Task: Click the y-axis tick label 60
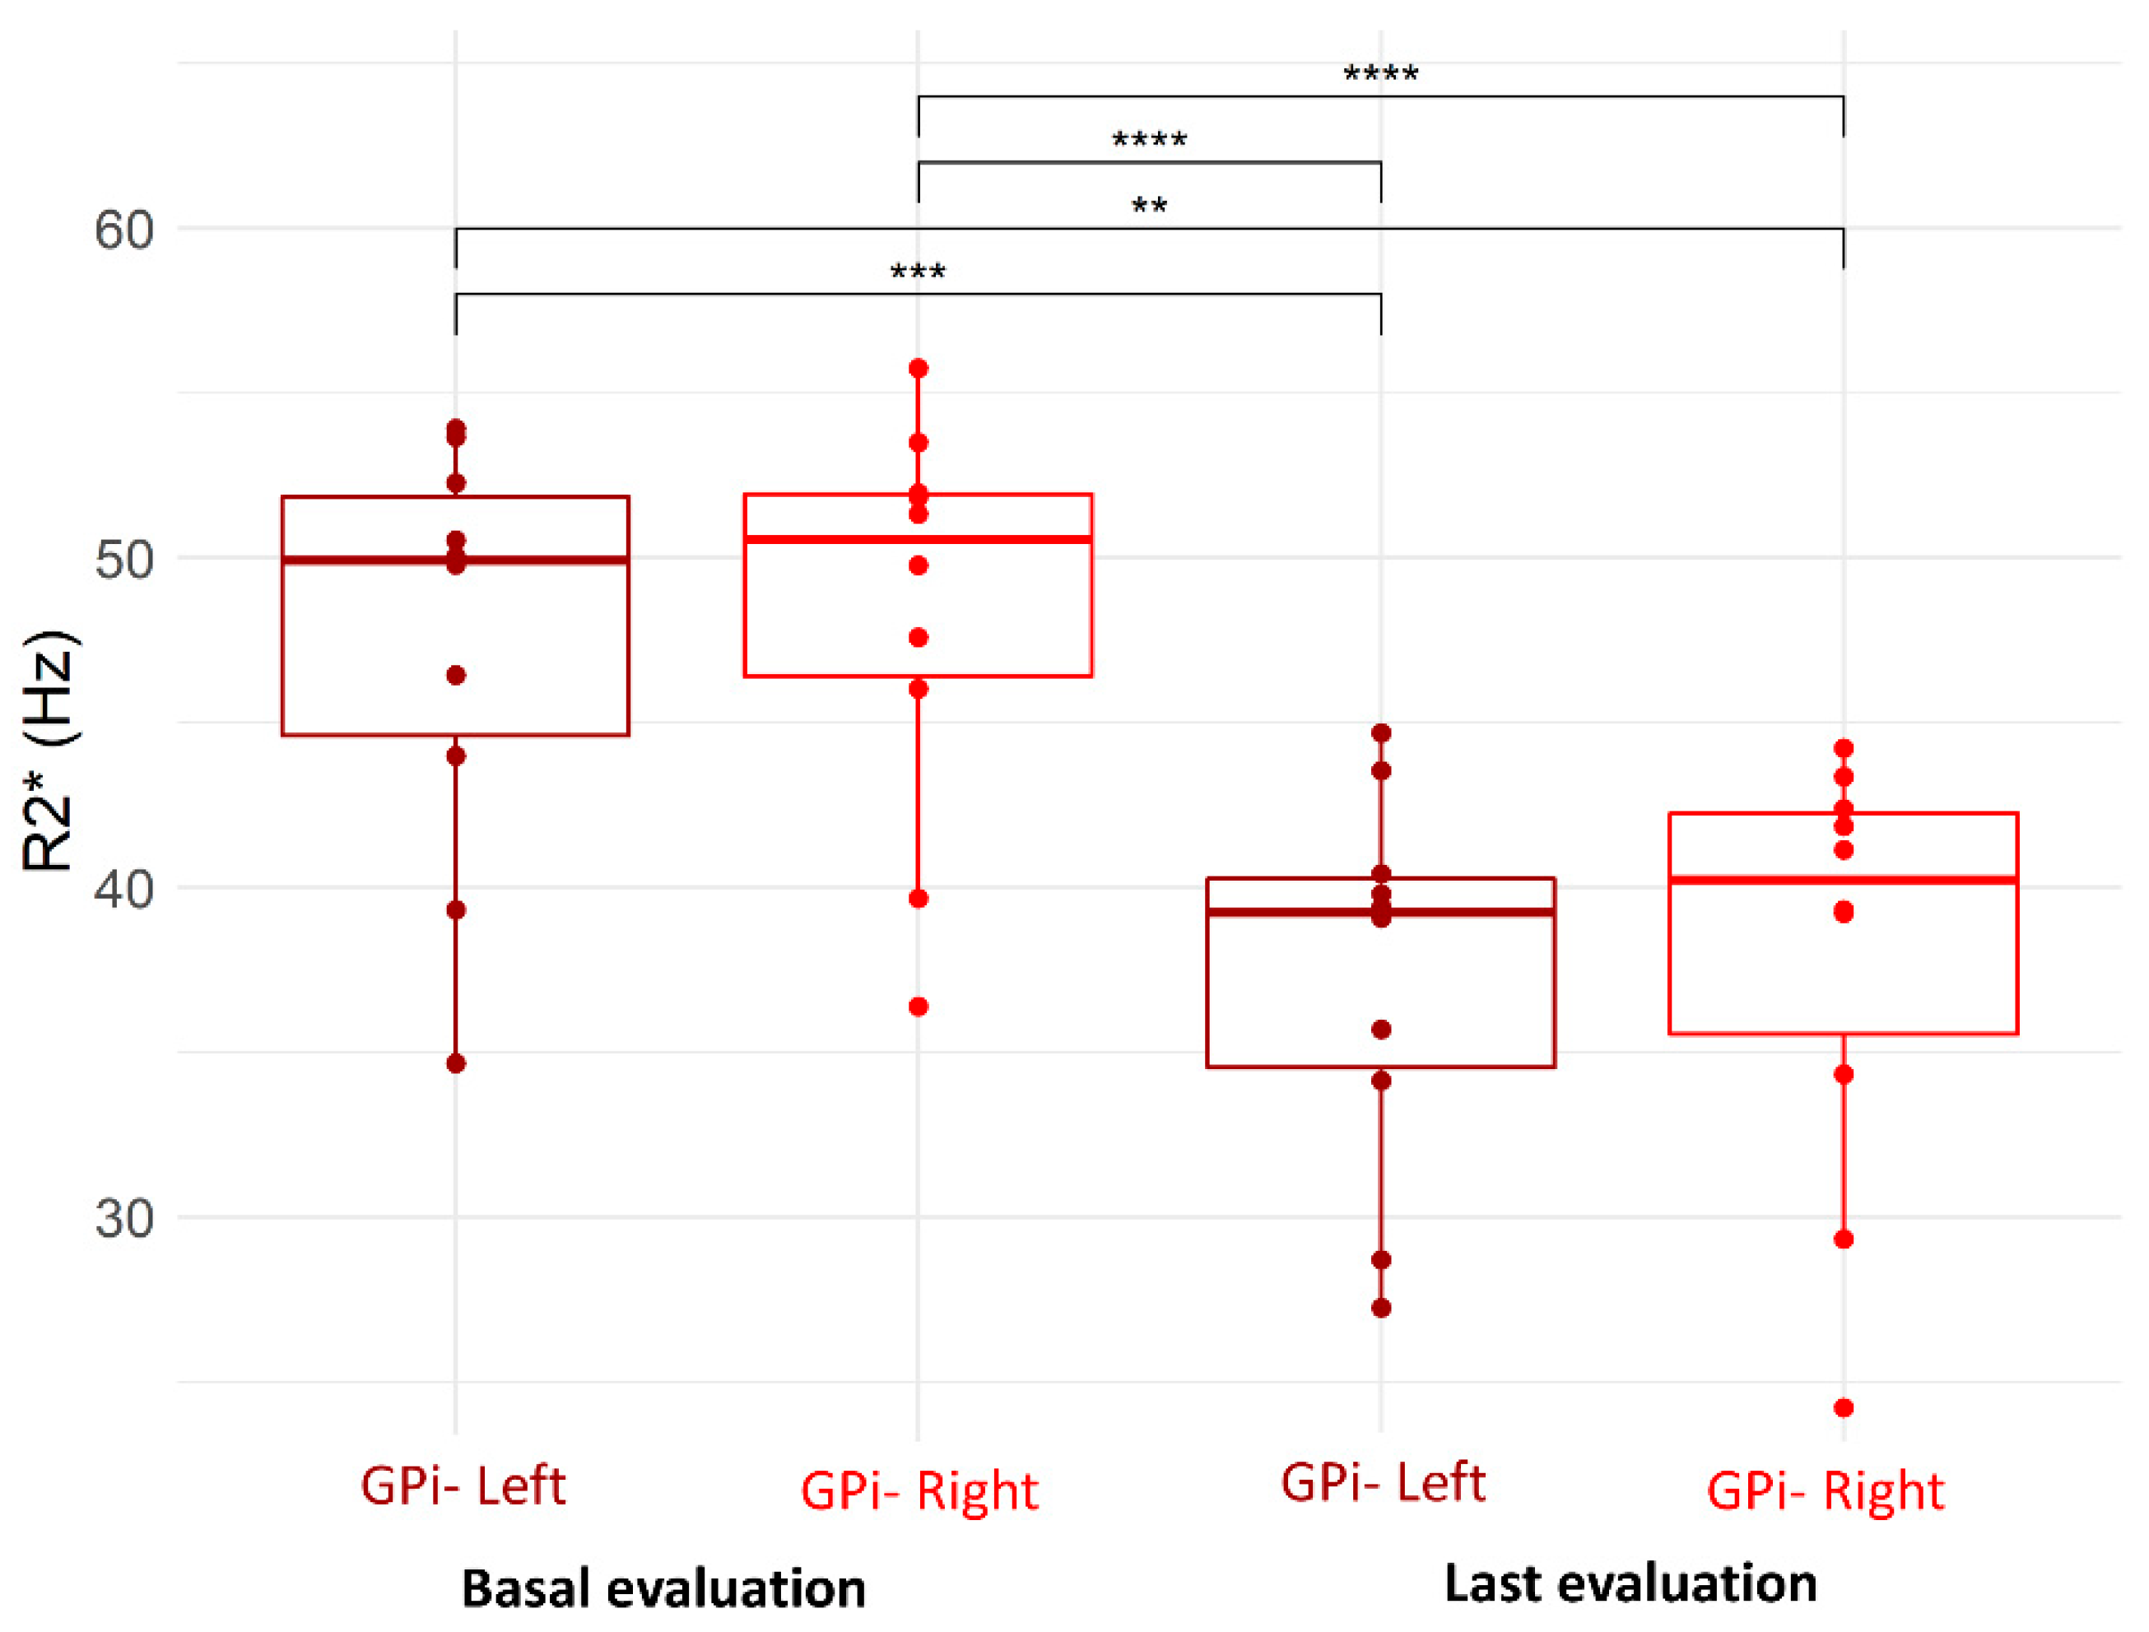pos(123,230)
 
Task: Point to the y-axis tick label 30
pos(123,1217)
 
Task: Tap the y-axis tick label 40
pos(123,889)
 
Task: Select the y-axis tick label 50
pos(123,560)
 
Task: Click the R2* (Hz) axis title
pos(49,750)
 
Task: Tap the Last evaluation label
pos(1630,1583)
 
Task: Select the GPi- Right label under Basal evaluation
pos(919,1492)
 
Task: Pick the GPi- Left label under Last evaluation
pos(1383,1483)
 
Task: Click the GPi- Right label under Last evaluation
pos(1825,1492)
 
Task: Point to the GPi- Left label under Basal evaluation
pos(463,1486)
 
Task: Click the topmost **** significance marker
pos(1380,75)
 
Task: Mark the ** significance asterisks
pos(1149,207)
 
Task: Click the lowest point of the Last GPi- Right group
pos(1843,1407)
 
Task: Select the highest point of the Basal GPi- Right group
pos(918,368)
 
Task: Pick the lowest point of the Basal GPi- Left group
pos(456,1063)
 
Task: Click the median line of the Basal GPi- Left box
pos(456,560)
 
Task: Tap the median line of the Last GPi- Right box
pos(1843,880)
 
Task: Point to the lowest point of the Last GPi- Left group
pos(1380,1308)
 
